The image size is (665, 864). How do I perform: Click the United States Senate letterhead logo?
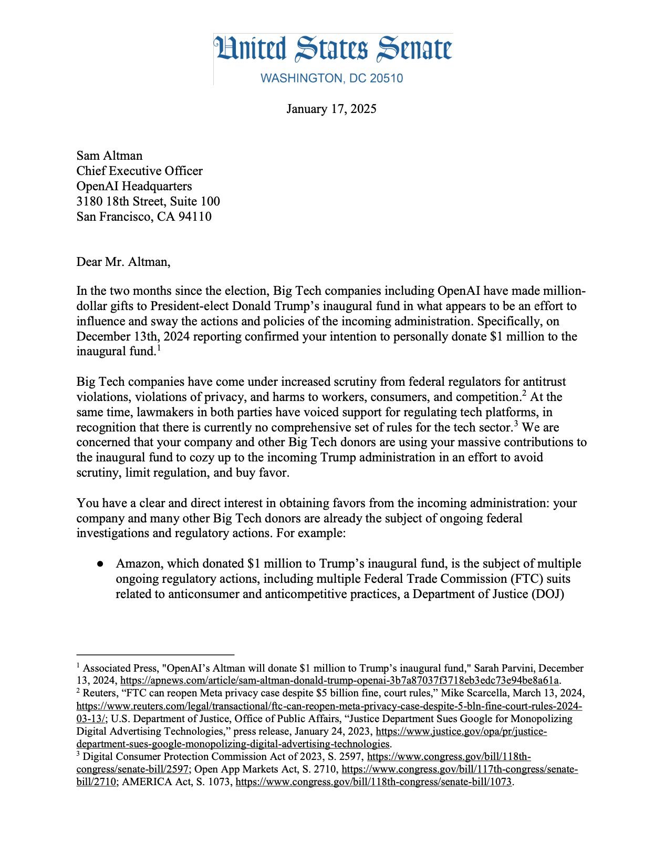[332, 49]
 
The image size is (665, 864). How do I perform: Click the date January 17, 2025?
[331, 109]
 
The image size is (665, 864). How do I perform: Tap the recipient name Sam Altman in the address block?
[109, 156]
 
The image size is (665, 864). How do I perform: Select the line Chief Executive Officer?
[139, 171]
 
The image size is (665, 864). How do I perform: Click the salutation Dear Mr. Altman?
[123, 262]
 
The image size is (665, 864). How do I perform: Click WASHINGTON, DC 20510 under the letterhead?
[332, 78]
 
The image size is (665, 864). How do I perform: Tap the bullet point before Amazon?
[100, 564]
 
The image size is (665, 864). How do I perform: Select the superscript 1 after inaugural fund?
[158, 348]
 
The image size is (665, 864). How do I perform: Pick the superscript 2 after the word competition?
[524, 394]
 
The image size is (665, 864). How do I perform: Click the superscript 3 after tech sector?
[516, 424]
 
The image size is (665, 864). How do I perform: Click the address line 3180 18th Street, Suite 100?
[148, 201]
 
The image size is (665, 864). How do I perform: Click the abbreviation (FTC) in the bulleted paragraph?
[520, 579]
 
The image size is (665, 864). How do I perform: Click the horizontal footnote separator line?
[155, 655]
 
